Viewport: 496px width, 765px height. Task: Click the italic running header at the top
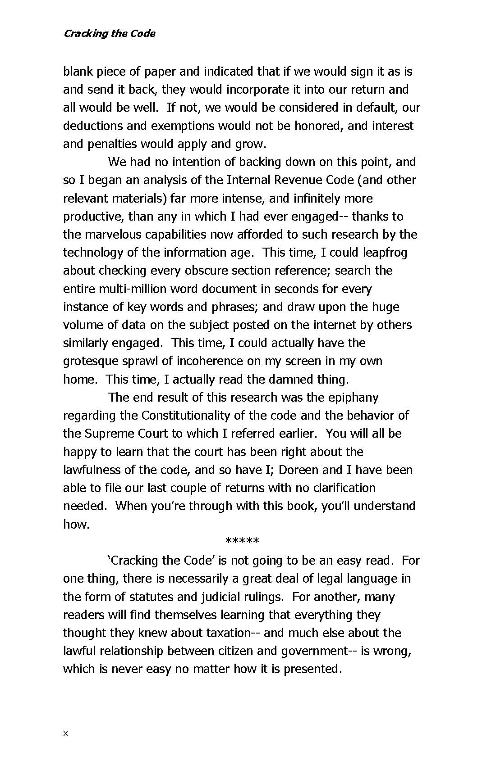pyautogui.click(x=109, y=33)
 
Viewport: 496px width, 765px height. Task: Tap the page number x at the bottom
pyautogui.click(x=65, y=733)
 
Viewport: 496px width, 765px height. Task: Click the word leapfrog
pyautogui.click(x=385, y=252)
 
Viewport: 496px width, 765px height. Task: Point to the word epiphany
pyautogui.click(x=353, y=397)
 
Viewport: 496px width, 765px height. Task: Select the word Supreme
pyautogui.click(x=107, y=433)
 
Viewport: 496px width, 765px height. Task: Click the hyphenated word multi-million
pyautogui.click(x=137, y=289)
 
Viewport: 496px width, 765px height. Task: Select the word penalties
pyautogui.click(x=109, y=144)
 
